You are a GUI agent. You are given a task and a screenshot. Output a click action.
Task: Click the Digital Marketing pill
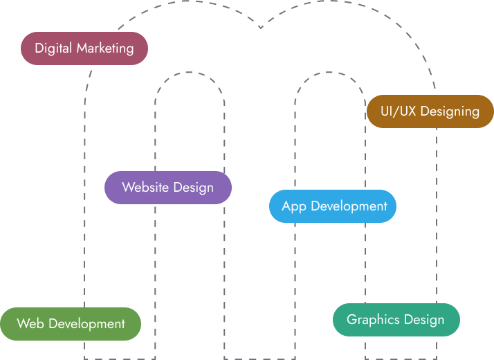click(84, 48)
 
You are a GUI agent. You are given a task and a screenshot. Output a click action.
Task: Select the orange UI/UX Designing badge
click(430, 111)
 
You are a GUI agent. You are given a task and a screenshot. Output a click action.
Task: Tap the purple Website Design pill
click(167, 188)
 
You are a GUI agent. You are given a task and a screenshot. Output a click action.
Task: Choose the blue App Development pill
click(333, 206)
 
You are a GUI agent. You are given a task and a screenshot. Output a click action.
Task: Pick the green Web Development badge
click(71, 324)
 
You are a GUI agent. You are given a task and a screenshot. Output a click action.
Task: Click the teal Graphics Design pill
click(396, 320)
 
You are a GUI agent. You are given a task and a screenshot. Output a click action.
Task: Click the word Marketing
click(105, 48)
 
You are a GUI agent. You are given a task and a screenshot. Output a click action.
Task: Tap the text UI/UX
click(399, 111)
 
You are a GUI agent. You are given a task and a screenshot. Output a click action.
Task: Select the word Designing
click(450, 111)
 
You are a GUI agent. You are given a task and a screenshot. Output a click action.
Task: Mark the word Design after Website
click(193, 188)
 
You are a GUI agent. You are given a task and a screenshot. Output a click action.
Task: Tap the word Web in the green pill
click(30, 324)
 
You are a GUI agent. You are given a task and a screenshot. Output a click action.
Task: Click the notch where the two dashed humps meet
click(260, 28)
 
